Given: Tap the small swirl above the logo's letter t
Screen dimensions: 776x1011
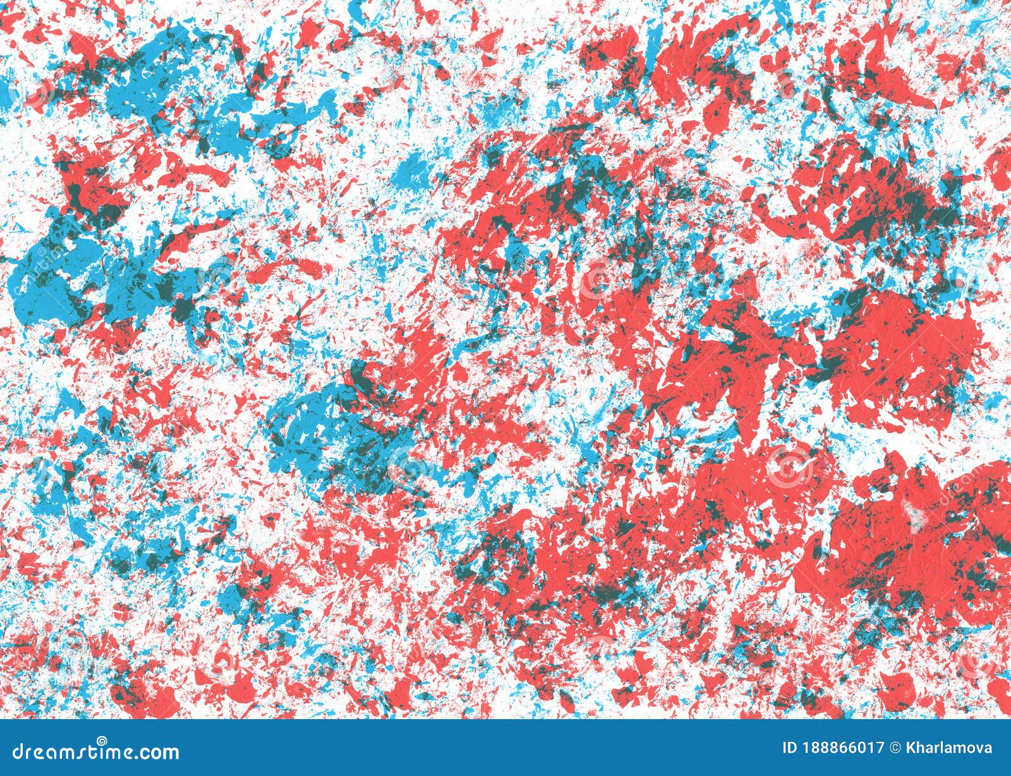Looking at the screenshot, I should [x=101, y=740].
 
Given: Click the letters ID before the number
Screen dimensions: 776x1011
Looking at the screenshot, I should [x=790, y=749].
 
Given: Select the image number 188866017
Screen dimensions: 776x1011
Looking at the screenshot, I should [x=843, y=749].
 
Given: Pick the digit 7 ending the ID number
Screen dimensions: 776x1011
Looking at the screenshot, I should [x=880, y=749].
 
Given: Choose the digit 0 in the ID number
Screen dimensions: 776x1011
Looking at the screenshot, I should [x=861, y=749].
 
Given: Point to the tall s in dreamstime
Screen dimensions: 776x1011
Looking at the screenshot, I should [x=89, y=752].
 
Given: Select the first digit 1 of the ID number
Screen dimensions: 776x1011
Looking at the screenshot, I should [x=806, y=749].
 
